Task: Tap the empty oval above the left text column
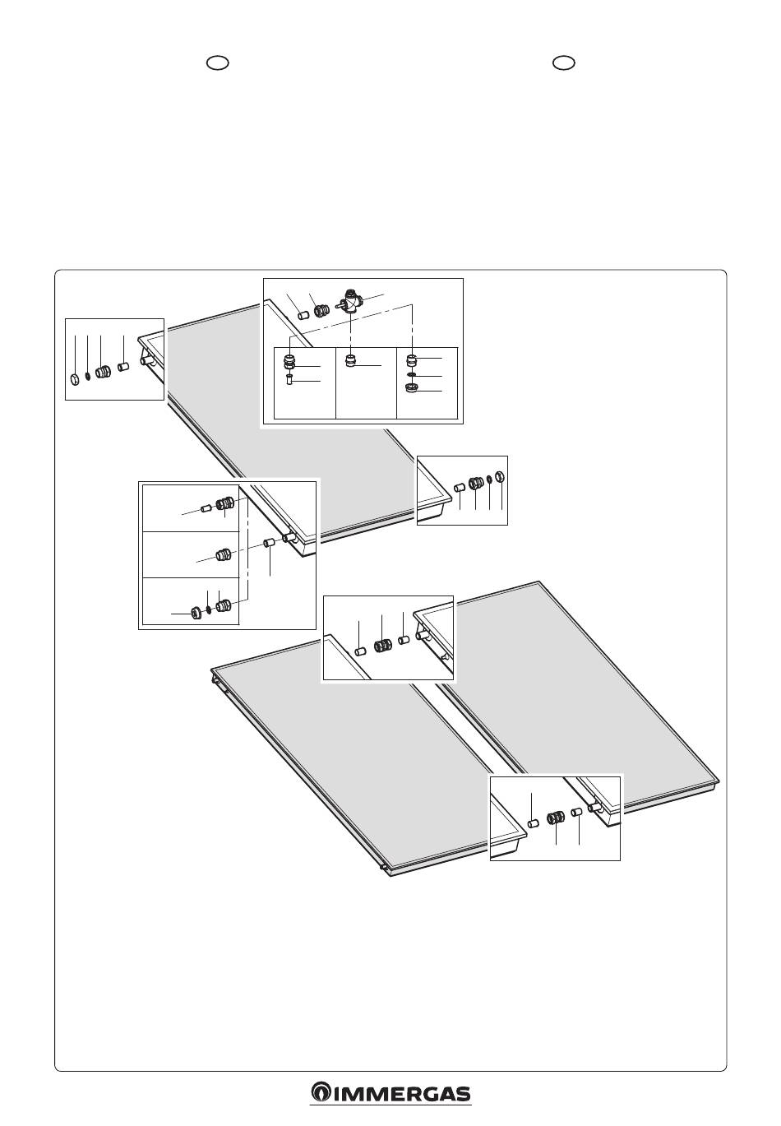[218, 63]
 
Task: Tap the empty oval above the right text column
[564, 63]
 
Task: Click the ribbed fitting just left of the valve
[320, 310]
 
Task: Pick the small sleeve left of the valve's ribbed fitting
[303, 316]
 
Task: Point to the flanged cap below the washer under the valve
[412, 388]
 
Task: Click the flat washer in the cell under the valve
[412, 375]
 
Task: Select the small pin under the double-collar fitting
[290, 379]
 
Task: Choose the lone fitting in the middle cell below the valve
[351, 361]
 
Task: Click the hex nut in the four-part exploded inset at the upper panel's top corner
[74, 378]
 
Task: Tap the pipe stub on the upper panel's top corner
[146, 360]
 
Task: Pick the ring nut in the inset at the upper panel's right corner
[499, 475]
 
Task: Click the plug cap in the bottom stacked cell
[196, 613]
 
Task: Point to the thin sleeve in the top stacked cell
[205, 509]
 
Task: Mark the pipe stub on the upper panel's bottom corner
[290, 539]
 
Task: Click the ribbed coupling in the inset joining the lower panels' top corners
[383, 645]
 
